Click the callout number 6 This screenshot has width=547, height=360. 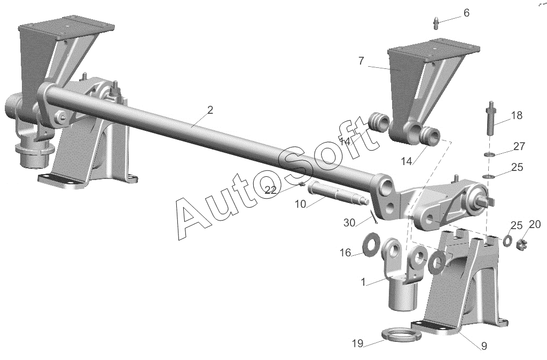pos(466,13)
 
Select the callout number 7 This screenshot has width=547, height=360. pos(361,61)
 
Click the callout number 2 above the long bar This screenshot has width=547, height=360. pos(209,110)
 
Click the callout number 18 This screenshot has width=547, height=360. pos(517,115)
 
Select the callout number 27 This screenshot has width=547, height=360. pos(519,146)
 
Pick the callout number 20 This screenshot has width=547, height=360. pos(535,224)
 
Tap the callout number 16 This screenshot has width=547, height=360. pos(345,253)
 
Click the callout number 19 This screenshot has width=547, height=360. pos(357,343)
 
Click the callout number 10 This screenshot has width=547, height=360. pos(300,205)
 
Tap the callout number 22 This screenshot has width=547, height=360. pos(270,190)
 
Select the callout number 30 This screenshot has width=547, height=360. pos(349,223)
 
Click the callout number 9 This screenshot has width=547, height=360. pos(484,346)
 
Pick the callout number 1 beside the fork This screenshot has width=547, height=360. pos(363,282)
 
